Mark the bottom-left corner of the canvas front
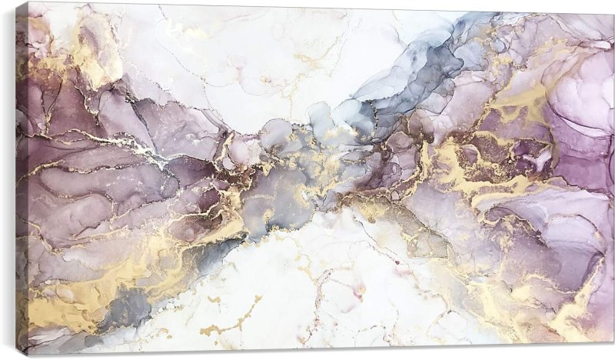coord(28,355)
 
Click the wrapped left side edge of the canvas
coord(22,177)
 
